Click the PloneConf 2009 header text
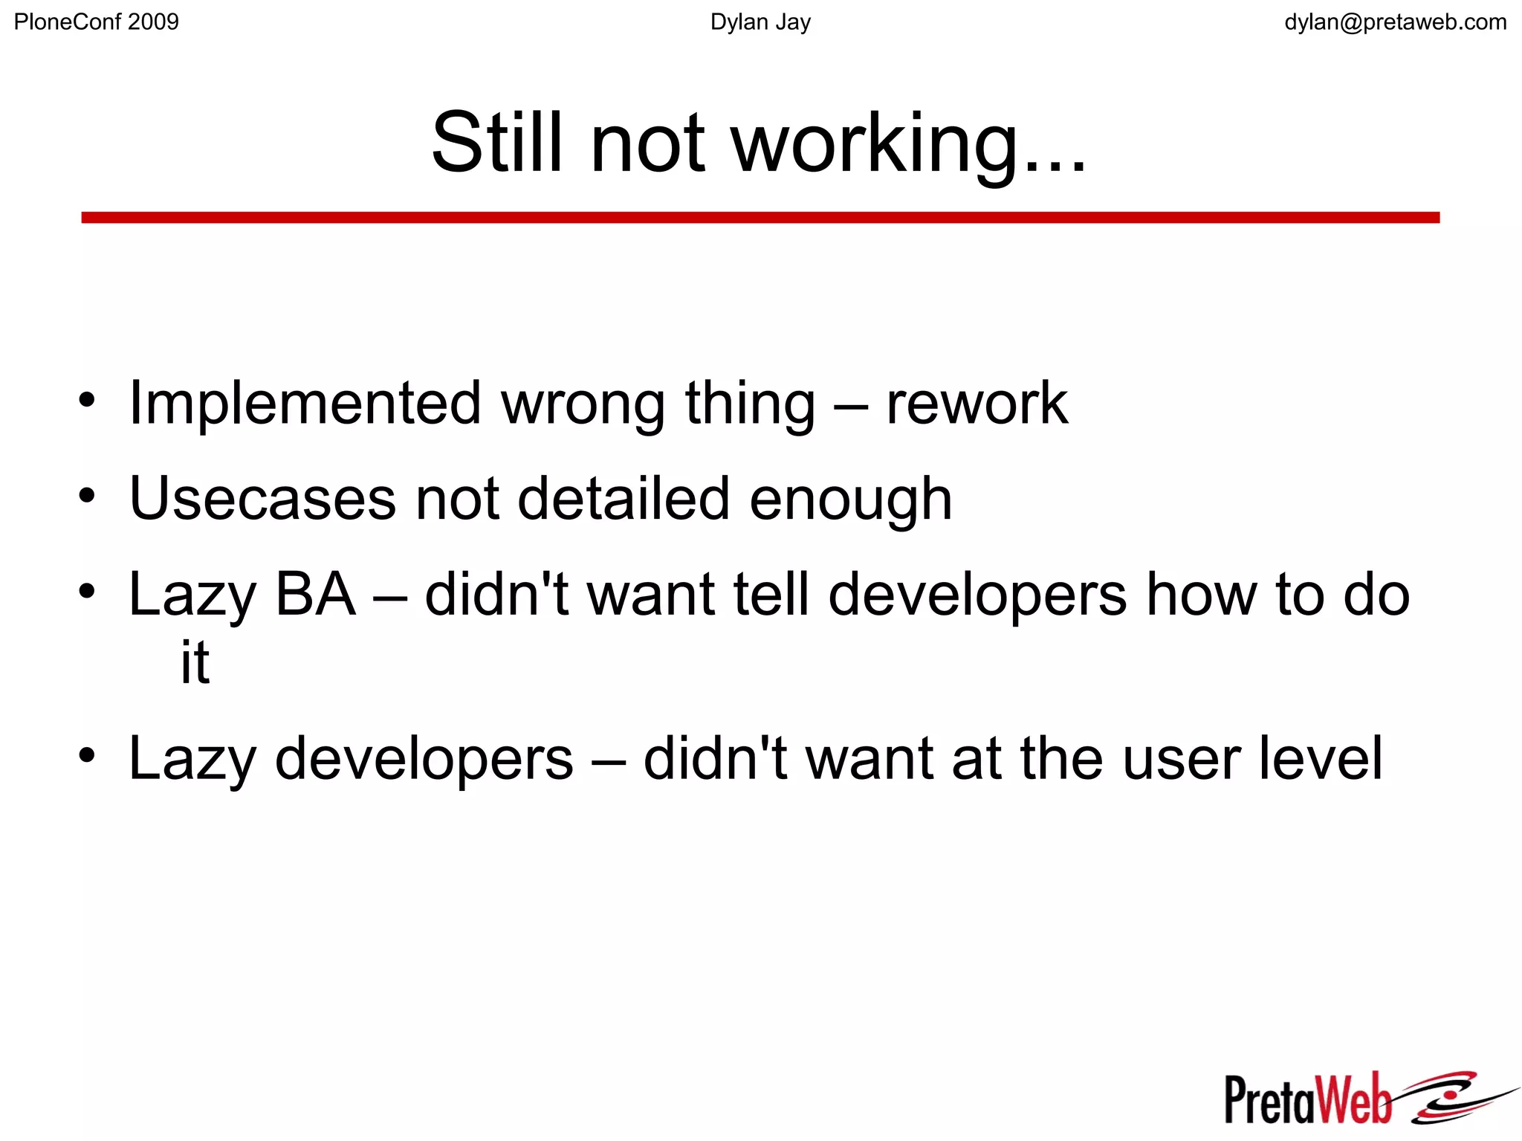tap(97, 22)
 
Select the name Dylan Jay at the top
tap(760, 22)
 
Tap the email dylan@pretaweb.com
tap(1395, 22)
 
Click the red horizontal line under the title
tap(760, 217)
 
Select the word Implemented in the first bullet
tap(305, 404)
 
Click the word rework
tap(977, 404)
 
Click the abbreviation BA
tap(315, 595)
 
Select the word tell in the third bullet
tap(771, 595)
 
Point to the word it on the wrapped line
tap(195, 662)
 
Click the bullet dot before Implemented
tap(87, 400)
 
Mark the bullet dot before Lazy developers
tap(87, 755)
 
